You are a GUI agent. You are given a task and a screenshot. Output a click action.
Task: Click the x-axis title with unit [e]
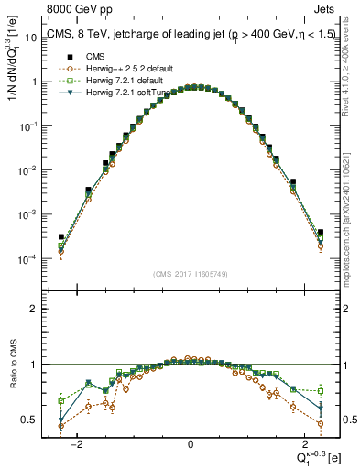[319, 455]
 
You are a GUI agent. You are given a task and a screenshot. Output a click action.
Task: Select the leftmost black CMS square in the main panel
[60, 236]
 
